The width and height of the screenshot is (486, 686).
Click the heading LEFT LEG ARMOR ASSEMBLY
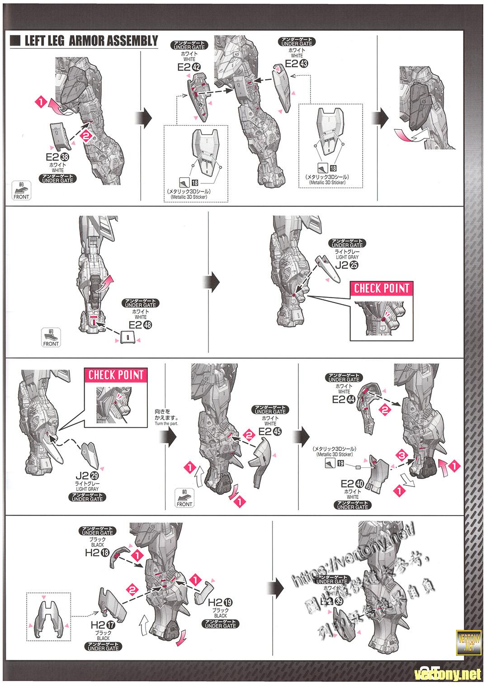coord(90,41)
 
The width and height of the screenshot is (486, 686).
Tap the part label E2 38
coord(57,158)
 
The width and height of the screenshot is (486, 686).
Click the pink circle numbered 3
coord(400,454)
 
